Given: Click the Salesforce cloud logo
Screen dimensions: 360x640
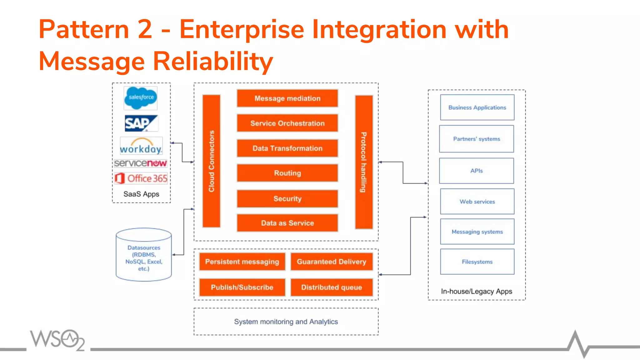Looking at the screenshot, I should click(x=141, y=98).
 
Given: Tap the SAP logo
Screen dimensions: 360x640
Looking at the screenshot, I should click(x=141, y=123).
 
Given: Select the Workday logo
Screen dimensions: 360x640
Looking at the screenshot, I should click(x=141, y=146).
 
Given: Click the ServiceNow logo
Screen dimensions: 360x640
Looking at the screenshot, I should click(x=141, y=163).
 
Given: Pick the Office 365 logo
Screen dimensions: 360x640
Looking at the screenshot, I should click(x=141, y=178).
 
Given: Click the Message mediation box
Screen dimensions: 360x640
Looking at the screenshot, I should click(x=287, y=98).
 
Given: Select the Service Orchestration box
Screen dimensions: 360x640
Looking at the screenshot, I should click(x=287, y=123).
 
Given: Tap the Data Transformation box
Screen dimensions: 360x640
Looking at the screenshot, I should click(x=287, y=148).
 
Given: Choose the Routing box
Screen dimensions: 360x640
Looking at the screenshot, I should click(x=287, y=173).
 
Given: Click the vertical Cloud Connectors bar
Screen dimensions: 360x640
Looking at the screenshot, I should click(x=212, y=161).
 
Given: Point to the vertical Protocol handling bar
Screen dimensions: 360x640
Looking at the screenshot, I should click(x=364, y=162).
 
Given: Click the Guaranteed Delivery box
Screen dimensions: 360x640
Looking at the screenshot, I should click(x=332, y=262).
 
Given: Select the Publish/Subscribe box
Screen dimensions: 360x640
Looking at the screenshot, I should click(x=242, y=287).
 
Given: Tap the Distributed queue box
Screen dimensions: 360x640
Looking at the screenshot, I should click(x=332, y=287).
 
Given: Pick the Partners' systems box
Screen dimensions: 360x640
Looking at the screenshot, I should click(x=477, y=139).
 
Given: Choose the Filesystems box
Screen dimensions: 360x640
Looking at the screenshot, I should click(x=477, y=262).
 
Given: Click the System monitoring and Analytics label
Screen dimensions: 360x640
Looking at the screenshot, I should click(x=286, y=322).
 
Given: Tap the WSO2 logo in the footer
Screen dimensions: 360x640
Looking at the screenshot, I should click(x=58, y=339).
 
